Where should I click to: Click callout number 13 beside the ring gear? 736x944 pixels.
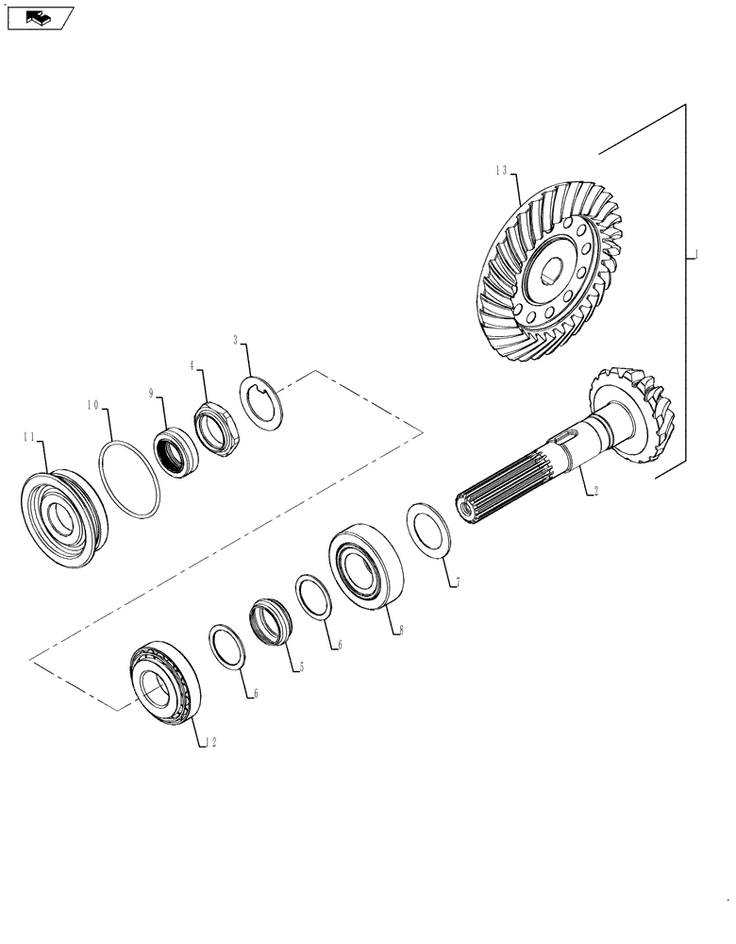tap(500, 171)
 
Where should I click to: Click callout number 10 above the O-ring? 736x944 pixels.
tap(93, 405)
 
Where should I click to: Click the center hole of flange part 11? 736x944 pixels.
tap(61, 518)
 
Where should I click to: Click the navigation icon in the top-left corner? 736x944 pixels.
tap(39, 16)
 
